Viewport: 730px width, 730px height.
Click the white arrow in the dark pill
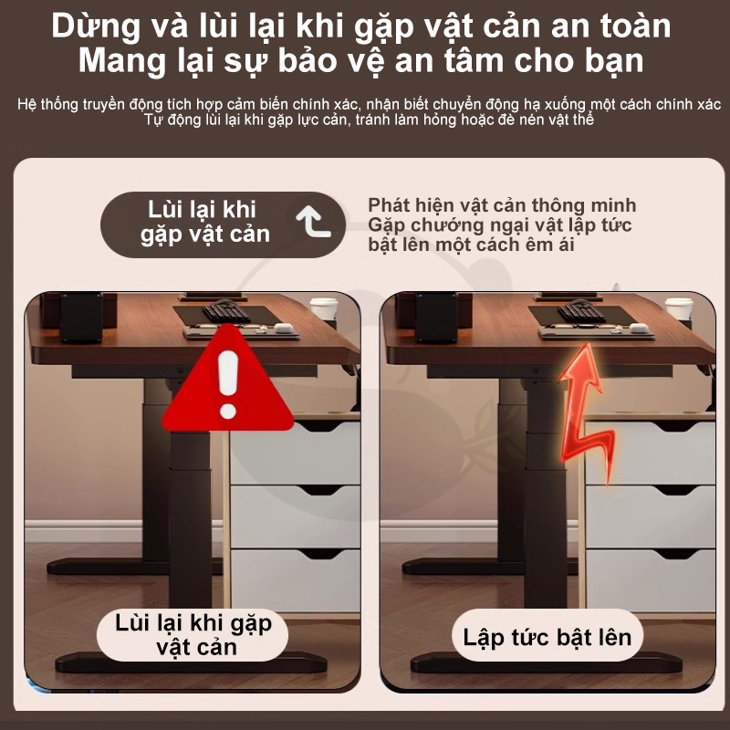tap(313, 222)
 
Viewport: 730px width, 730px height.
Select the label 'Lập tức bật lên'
tap(547, 637)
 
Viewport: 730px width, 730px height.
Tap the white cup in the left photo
tap(324, 308)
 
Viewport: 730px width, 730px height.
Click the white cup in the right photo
tap(679, 308)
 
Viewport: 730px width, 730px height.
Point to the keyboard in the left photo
tap(226, 311)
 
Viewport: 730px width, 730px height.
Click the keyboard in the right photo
tap(582, 311)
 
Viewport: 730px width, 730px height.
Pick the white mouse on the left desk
tap(284, 328)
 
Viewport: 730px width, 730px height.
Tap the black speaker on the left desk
tap(81, 318)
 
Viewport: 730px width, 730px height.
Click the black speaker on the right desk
tap(437, 318)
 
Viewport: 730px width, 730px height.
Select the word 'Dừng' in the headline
tap(96, 26)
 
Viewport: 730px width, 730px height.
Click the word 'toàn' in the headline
tap(635, 26)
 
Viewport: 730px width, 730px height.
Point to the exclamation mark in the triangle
tap(227, 384)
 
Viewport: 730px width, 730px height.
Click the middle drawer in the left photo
tap(295, 516)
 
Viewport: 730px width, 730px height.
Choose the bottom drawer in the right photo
tap(651, 580)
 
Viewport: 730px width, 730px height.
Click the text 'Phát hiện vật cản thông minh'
tap(502, 205)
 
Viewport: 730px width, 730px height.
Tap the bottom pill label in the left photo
tap(193, 635)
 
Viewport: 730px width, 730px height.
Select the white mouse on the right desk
tap(639, 328)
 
